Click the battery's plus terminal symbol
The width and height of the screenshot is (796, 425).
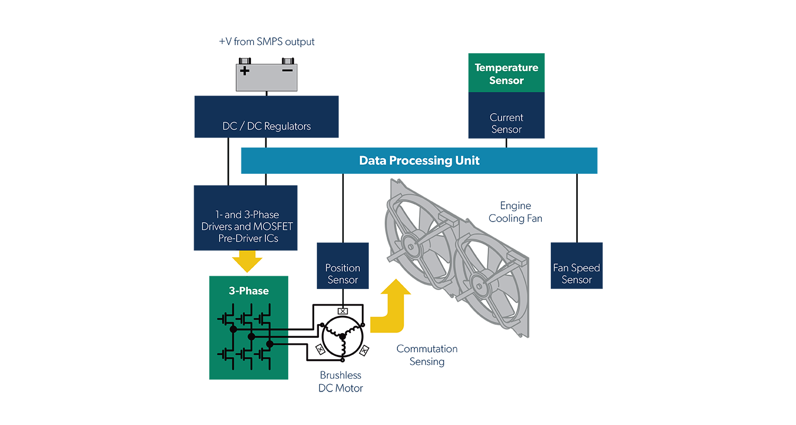245,71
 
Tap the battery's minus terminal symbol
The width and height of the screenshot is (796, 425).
287,70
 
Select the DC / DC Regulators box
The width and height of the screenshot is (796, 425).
266,117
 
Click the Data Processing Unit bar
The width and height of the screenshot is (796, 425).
419,160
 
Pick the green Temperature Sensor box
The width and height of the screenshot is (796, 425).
506,73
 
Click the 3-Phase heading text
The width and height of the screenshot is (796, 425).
248,291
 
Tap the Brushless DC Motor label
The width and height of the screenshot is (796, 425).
341,382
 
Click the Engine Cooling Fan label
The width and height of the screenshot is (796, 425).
515,211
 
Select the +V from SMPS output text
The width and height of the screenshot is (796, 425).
266,42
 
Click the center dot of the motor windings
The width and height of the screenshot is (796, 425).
342,336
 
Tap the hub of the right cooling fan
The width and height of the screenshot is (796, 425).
480,286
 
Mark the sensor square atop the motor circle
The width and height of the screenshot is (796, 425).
343,311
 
